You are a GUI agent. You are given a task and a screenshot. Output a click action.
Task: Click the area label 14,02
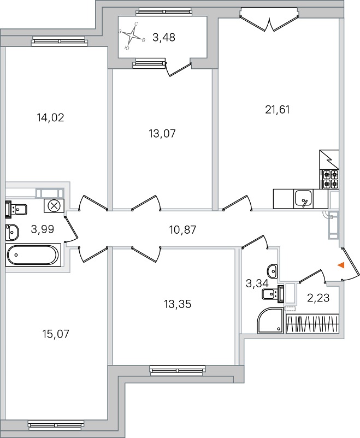(x=50, y=117)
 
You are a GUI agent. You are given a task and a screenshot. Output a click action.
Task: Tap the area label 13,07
(x=162, y=133)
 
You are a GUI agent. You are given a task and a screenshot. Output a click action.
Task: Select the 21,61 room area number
(x=277, y=109)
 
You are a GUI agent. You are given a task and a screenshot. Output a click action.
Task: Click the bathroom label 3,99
(x=42, y=229)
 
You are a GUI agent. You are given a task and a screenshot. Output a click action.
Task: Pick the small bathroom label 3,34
(x=256, y=283)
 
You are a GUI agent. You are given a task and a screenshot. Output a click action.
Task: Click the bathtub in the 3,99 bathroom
(x=33, y=254)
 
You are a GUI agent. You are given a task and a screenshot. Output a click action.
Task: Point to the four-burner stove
(x=331, y=179)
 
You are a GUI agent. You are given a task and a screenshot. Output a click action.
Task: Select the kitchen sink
(x=302, y=197)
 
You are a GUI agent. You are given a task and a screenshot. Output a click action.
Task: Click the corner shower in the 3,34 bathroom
(x=270, y=320)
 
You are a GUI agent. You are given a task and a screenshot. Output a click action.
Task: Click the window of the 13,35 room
(x=173, y=371)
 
